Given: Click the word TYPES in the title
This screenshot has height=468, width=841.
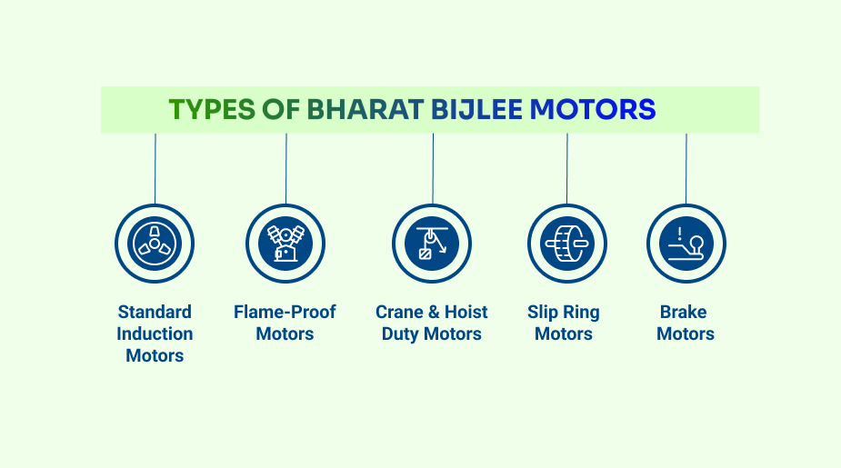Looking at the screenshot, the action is click(212, 109).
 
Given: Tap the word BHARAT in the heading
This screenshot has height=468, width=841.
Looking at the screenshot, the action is click(365, 109).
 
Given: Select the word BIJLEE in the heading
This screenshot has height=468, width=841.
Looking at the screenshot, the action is click(476, 109).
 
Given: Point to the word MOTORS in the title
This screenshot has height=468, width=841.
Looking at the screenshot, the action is click(593, 109).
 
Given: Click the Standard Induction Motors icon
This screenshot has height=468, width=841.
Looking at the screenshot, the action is click(155, 244).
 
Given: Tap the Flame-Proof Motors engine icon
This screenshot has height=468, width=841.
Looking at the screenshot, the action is click(285, 244).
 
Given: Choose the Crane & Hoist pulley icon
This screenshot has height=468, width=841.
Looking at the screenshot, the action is click(432, 244).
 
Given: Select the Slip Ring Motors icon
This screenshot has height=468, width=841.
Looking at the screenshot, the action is click(567, 244).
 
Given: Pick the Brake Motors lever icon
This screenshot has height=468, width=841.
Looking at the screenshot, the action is click(686, 244).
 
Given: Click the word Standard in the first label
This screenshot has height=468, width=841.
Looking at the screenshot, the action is click(155, 312).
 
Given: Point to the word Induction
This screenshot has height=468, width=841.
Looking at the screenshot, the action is click(155, 334).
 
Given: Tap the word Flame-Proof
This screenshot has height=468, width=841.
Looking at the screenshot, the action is click(285, 312).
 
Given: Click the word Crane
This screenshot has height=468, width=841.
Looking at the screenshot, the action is click(399, 312).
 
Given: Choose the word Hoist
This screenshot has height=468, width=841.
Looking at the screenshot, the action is click(466, 312).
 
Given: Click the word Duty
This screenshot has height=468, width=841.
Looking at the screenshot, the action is click(400, 334).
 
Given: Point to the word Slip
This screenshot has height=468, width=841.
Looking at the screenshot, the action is click(543, 312).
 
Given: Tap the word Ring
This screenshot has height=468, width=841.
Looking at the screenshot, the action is click(581, 312).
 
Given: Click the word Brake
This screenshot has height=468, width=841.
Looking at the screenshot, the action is click(684, 312).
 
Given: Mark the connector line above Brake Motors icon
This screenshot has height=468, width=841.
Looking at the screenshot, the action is click(686, 168).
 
